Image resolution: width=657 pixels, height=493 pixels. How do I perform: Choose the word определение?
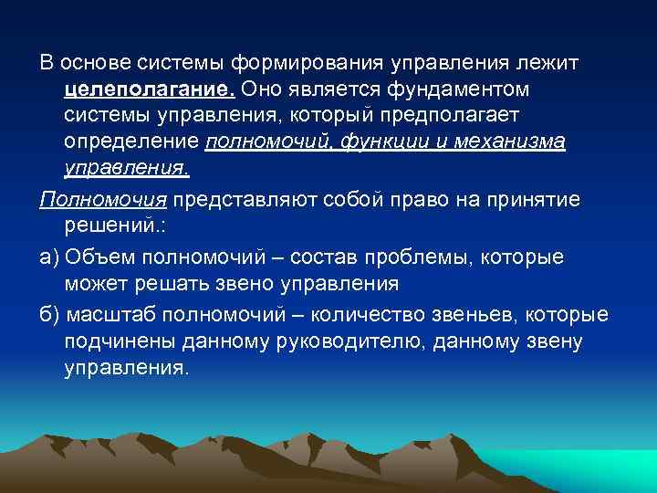(131, 142)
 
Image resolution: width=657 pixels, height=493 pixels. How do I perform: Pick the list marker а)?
(48, 257)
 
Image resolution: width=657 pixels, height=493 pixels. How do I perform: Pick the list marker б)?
(48, 315)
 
